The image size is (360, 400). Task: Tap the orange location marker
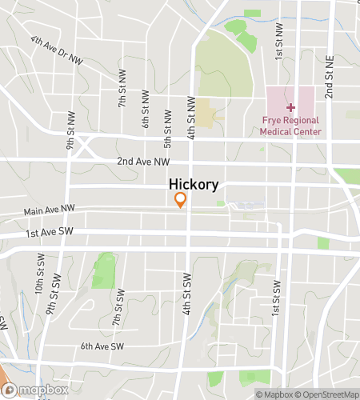coord(182,200)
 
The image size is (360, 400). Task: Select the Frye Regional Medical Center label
coord(290,126)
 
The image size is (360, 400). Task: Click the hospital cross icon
coord(290,107)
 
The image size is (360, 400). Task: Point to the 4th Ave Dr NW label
coord(57,49)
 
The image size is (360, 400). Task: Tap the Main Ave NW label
coord(50,211)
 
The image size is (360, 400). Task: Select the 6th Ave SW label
coord(102,346)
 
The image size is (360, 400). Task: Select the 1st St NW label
coord(279,40)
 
